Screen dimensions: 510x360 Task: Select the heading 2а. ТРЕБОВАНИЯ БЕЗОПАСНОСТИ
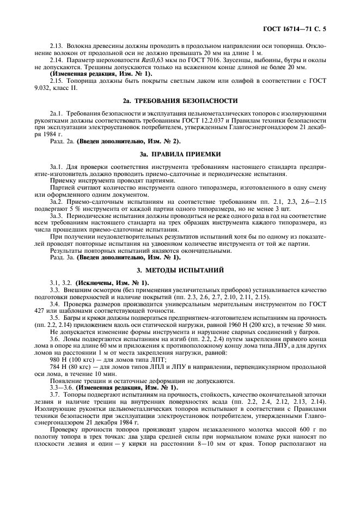(x=180, y=101)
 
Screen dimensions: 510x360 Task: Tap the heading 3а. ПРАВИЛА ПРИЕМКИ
(x=180, y=154)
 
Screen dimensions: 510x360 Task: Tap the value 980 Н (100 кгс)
(x=70, y=359)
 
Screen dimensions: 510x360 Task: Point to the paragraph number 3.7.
(x=54, y=394)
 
